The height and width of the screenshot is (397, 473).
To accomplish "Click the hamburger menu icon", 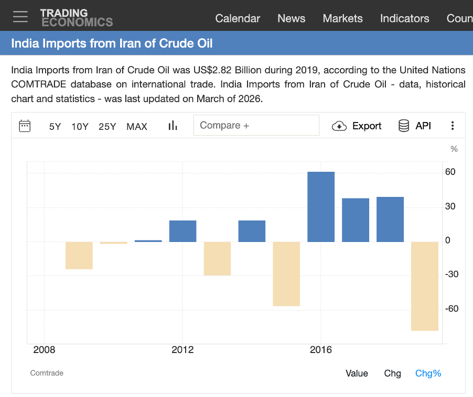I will click(20, 17).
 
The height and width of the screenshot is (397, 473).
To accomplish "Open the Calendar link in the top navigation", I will click(238, 18).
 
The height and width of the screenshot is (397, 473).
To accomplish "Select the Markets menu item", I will click(342, 18).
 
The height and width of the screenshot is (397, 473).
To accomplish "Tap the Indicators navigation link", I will click(404, 18).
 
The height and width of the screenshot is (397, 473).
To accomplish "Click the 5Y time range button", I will click(55, 126).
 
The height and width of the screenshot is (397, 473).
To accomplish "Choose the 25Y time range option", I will click(107, 126).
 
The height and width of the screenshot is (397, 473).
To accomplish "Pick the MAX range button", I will click(137, 126).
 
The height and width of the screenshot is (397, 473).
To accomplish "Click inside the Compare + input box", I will click(256, 126).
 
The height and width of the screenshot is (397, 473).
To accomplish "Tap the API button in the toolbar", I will click(415, 126).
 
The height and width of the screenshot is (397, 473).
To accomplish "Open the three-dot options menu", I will click(453, 126).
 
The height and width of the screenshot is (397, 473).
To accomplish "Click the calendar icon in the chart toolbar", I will click(25, 126).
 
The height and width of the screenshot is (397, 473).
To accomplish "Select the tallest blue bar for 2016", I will click(321, 207).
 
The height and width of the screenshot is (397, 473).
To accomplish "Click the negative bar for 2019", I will click(425, 286).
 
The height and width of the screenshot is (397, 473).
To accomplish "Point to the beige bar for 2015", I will click(286, 273).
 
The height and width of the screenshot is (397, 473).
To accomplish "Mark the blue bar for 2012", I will click(182, 231).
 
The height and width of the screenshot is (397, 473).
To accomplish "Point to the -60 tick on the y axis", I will click(451, 308).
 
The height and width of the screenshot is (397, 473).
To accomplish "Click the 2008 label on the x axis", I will click(44, 349).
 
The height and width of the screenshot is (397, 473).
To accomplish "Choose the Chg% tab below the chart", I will click(428, 373).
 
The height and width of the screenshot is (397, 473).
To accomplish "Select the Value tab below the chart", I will click(357, 373).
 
